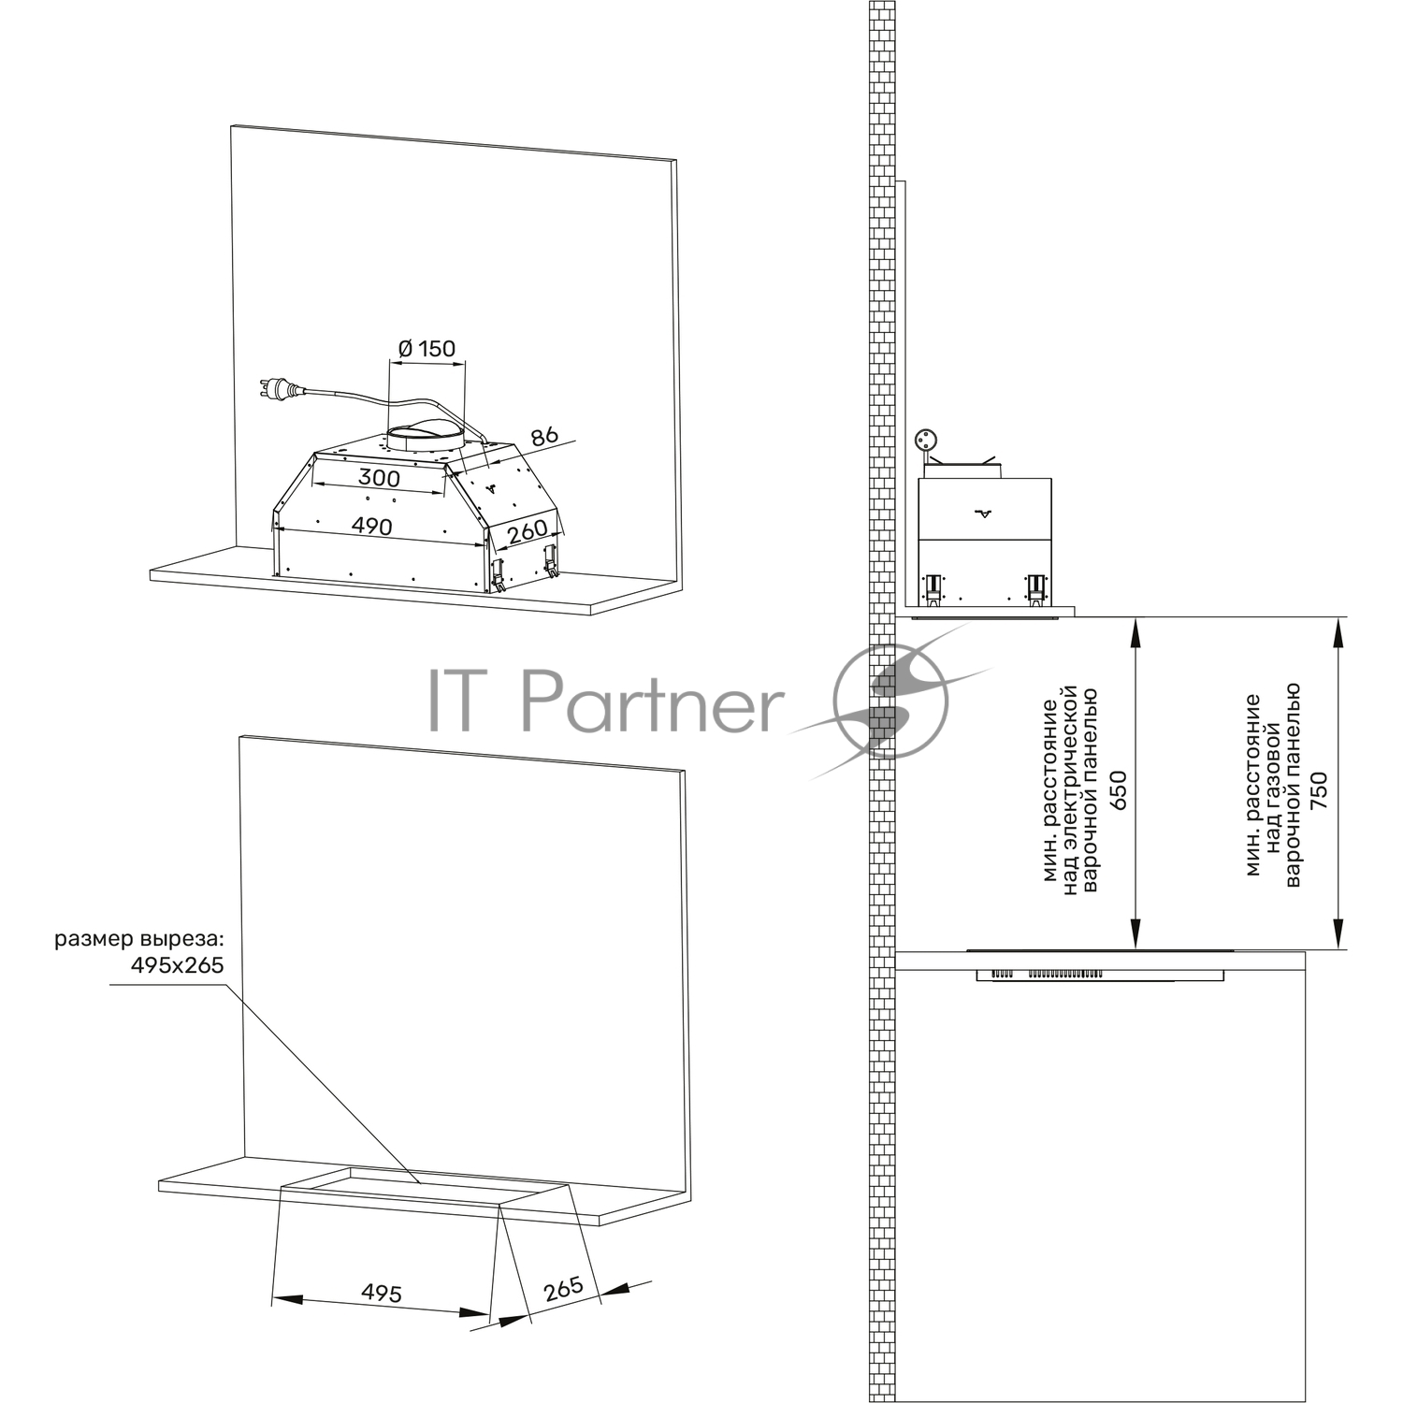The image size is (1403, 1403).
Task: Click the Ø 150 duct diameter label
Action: (427, 349)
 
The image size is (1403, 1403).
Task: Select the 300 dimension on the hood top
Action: (379, 478)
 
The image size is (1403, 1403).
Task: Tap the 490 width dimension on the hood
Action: (371, 527)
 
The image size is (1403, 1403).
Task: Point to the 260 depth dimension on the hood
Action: (527, 531)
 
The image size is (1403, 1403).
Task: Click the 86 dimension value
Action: (543, 436)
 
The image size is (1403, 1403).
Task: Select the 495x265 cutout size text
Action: (176, 964)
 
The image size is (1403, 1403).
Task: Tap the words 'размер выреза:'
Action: (140, 939)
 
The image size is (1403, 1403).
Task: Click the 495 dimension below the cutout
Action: (382, 1293)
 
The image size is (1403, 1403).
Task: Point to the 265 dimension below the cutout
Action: (563, 1289)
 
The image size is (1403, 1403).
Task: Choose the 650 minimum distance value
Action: (1118, 790)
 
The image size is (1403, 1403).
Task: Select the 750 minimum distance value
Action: (1319, 790)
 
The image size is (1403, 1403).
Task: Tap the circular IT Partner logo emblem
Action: (890, 701)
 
